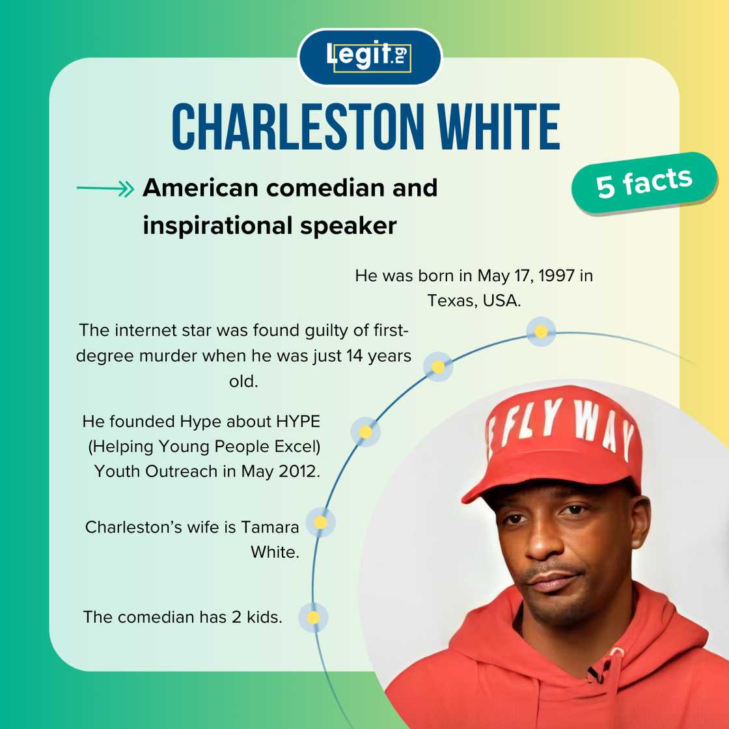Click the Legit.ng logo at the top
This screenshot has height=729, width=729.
369,57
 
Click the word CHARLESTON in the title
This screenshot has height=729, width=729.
293,127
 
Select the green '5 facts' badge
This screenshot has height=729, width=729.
644,183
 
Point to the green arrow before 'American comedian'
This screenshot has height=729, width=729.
105,189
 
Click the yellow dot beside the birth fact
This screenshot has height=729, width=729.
541,332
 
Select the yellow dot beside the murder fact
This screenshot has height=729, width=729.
438,367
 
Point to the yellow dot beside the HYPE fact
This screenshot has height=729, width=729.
366,432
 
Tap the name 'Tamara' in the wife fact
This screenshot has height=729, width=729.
270,527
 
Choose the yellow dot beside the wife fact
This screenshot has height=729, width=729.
320,522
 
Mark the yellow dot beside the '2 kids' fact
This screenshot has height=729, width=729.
313,617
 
